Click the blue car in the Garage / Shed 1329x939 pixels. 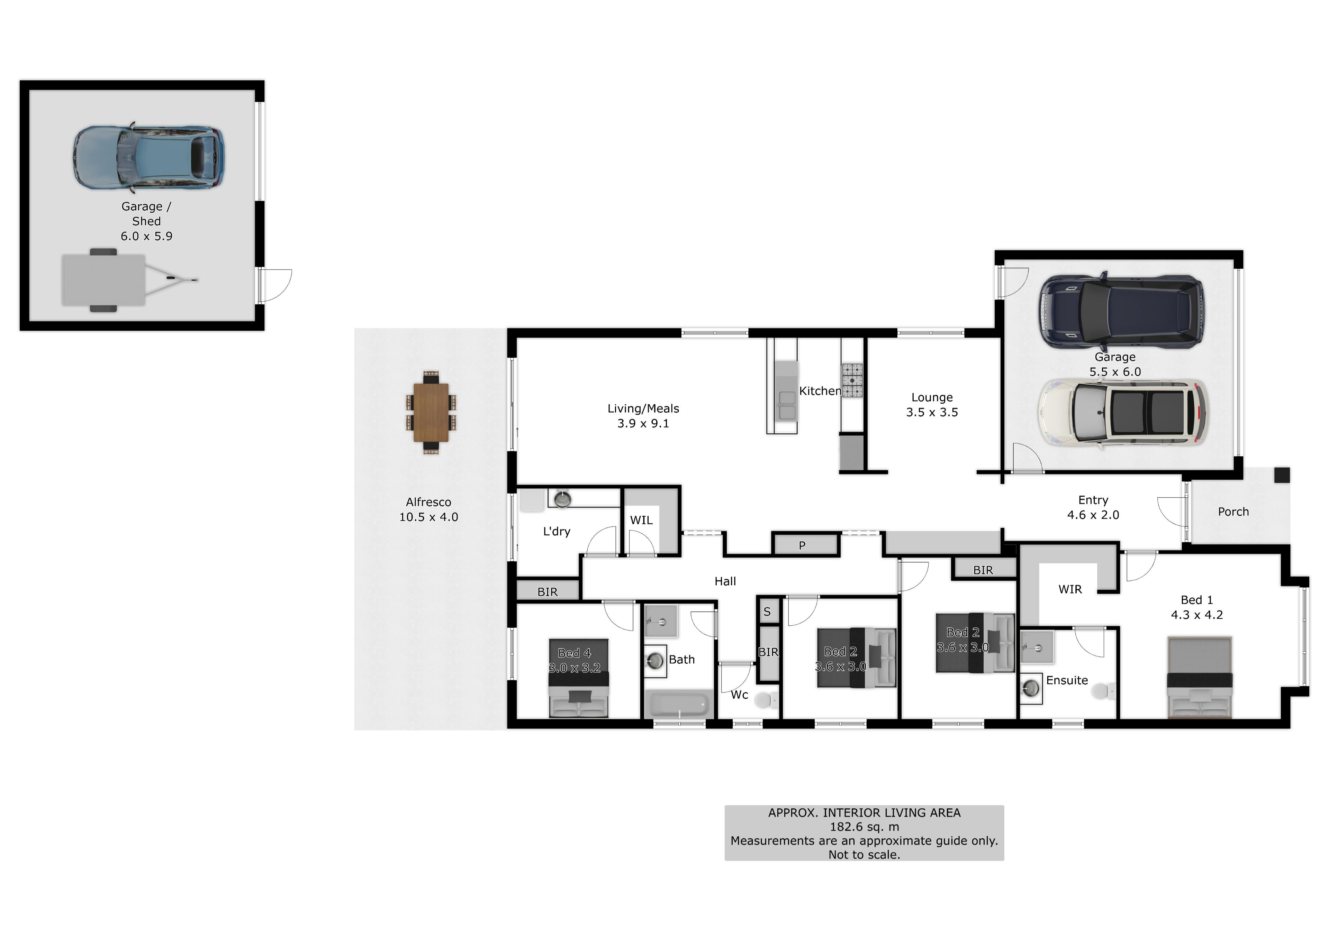point(149,158)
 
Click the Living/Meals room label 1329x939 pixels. point(643,415)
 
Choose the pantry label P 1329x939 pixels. point(802,545)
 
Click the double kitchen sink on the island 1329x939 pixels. point(787,404)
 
